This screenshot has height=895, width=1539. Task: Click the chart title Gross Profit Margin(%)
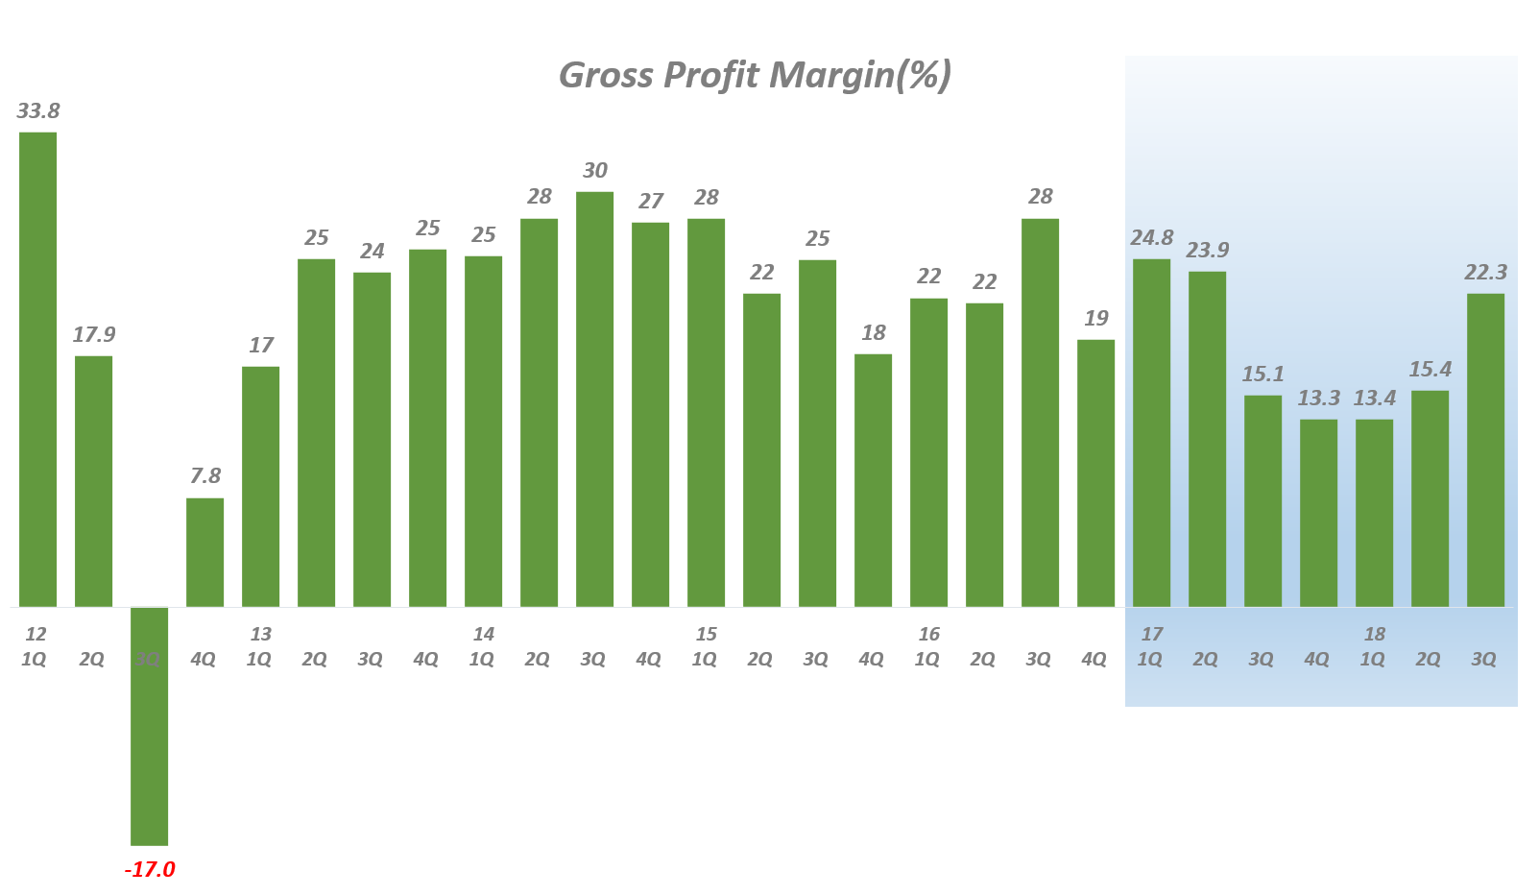click(x=755, y=75)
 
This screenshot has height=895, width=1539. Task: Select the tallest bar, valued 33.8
click(x=38, y=369)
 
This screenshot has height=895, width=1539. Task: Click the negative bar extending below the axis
click(x=150, y=726)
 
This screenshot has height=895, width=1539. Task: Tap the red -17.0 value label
click(x=150, y=870)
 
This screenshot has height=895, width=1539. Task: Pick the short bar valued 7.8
click(x=205, y=552)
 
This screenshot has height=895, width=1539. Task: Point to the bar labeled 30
click(x=595, y=399)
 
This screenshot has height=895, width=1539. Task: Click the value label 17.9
click(x=94, y=334)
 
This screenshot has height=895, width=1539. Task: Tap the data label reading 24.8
click(x=1152, y=237)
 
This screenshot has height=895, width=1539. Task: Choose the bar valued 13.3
click(x=1319, y=513)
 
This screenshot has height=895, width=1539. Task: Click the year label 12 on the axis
click(x=36, y=634)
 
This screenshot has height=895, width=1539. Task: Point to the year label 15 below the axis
click(x=707, y=634)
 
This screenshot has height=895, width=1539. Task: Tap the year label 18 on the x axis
click(x=1375, y=634)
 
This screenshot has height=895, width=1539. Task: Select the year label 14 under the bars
click(x=484, y=634)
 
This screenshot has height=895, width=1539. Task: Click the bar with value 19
click(x=1096, y=472)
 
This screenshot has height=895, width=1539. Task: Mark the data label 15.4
click(x=1431, y=369)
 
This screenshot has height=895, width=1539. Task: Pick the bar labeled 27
click(x=651, y=414)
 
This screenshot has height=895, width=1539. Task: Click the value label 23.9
click(x=1208, y=250)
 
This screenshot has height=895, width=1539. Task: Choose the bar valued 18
click(x=874, y=480)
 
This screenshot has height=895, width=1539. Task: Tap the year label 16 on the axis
click(x=929, y=634)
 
